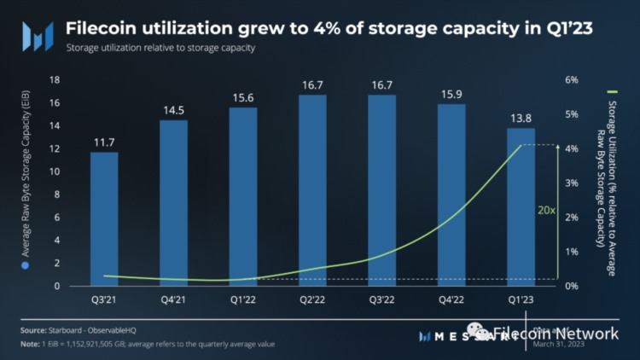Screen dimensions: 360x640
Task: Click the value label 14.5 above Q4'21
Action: [173, 111]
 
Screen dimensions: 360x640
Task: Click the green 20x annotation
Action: [546, 209]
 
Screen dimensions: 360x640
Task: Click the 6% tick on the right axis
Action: [572, 80]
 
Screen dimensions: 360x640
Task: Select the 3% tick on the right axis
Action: [572, 183]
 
